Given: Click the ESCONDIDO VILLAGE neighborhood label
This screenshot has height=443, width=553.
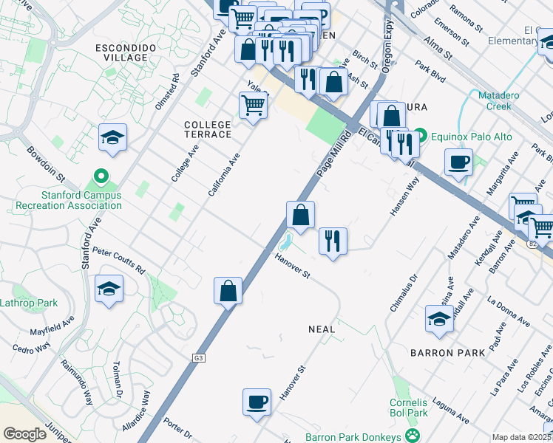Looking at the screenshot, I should point(124,52).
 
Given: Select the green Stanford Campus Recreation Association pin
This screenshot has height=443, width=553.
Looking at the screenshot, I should point(103,176).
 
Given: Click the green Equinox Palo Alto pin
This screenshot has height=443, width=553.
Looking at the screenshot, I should point(421,135).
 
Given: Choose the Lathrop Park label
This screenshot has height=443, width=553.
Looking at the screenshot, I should point(28,303).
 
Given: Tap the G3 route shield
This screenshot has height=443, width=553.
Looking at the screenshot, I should point(198,358).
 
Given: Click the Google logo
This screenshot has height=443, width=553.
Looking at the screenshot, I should point(25,434).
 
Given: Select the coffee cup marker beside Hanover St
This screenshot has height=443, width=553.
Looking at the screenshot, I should point(257,402).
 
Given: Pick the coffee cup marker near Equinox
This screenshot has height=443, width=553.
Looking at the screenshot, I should point(458,161).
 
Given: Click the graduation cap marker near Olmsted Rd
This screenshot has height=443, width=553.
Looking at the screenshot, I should point(112,137).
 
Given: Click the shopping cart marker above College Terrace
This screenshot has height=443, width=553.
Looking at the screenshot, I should point(253,106).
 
